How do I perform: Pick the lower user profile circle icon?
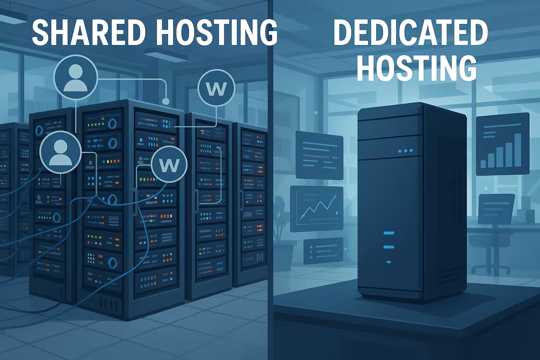[60, 152]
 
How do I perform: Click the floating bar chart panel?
[502, 144]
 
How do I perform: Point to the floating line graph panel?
[316, 209]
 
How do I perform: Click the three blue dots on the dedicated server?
[406, 151]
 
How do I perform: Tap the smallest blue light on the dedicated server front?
[389, 262]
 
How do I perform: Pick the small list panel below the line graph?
[323, 251]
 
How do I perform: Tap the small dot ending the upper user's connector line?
[166, 102]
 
